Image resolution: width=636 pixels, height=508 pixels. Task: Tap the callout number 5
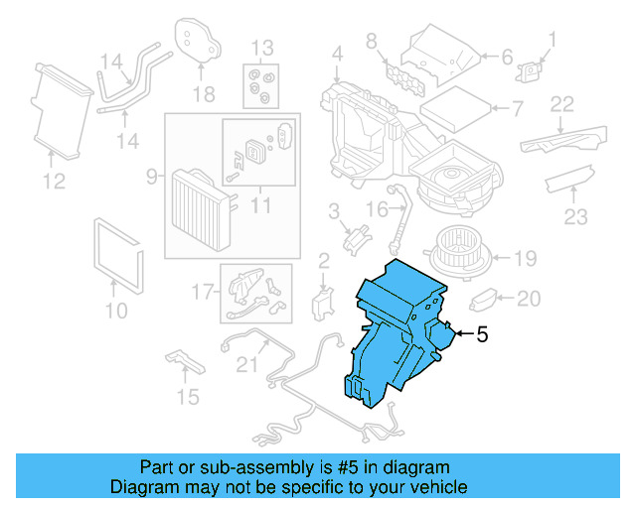pos(482,335)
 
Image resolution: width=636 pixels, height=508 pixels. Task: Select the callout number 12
pos(54,181)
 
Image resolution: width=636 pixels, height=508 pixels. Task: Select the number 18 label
pos(204,94)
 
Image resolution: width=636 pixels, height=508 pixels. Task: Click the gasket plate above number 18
pos(198,39)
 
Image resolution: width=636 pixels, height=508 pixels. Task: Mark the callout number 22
pos(562,103)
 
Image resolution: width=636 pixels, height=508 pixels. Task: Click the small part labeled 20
pos(484,298)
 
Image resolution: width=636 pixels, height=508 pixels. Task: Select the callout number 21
pos(245,364)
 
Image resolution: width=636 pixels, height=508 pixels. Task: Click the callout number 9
pos(152,177)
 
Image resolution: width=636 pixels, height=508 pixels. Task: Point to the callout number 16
pos(375,209)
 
